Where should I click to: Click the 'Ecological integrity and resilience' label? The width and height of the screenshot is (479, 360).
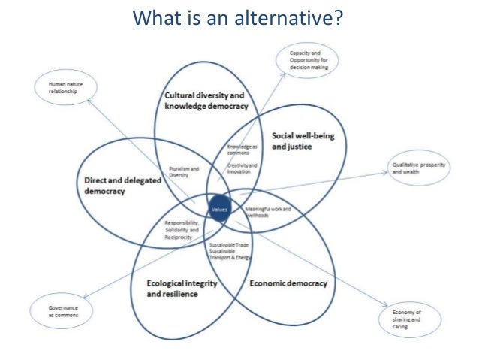[x=173, y=289]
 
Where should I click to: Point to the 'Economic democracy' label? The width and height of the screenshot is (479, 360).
[x=288, y=283]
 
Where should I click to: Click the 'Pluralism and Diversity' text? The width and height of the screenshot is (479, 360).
[x=184, y=172]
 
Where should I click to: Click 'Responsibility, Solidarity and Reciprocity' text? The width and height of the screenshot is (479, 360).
[x=184, y=230]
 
